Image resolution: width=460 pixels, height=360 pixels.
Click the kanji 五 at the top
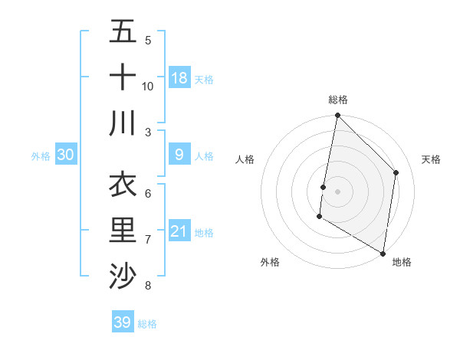coord(123,31)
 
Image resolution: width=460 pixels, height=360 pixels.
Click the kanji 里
coord(123,230)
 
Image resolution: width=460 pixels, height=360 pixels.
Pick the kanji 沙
coord(123,275)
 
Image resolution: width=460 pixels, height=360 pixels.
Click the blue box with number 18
coord(179,77)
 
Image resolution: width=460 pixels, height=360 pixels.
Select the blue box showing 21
coord(179,231)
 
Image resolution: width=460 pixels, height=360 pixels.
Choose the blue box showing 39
coord(123,322)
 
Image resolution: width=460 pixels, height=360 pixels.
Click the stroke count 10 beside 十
coord(148,87)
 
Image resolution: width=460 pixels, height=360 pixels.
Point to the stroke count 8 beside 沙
coord(147,286)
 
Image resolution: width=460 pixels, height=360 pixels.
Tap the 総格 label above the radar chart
coord(337,100)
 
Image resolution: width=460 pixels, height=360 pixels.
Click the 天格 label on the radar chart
coord(431,159)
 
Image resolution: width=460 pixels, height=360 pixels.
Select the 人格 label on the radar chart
coord(245,159)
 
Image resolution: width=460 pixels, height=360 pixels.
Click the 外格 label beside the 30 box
coord(41,156)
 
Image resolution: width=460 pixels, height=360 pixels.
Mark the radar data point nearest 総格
coord(337,116)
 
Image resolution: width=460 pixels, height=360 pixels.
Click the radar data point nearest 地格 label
coord(383,253)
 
